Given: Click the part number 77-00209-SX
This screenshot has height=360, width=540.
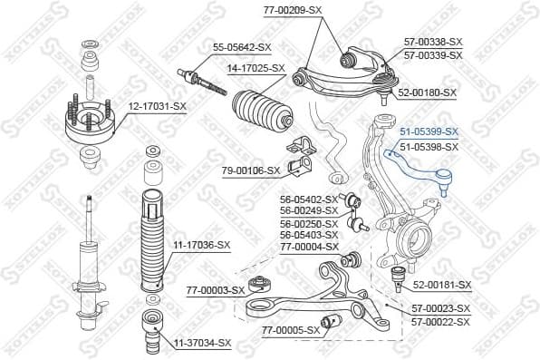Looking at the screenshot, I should click(x=292, y=9).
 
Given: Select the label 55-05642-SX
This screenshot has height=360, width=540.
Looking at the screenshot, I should click(x=242, y=46).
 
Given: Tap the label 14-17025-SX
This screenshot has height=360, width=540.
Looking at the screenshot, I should click(x=256, y=68).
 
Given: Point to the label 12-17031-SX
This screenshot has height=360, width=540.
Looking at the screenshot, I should click(x=157, y=107).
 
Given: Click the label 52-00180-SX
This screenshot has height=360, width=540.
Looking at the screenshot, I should click(x=428, y=92).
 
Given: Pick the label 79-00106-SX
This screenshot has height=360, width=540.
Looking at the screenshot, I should click(x=249, y=170).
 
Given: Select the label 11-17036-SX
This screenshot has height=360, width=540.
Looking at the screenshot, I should click(x=202, y=245).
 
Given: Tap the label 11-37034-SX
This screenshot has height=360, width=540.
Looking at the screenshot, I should click(x=203, y=343).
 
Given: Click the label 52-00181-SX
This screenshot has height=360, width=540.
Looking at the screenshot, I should click(x=442, y=285).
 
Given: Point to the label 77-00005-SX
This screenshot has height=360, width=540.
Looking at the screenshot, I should click(x=292, y=330).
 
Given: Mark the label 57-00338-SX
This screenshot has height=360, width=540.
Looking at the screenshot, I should click(x=433, y=42).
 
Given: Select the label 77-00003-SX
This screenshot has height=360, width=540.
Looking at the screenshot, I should click(x=216, y=290).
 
